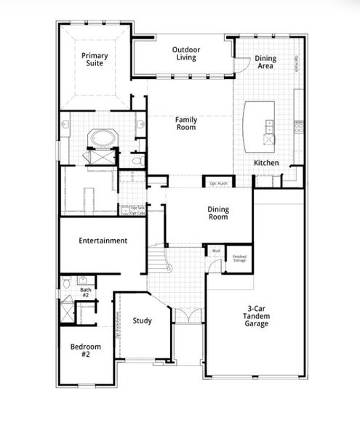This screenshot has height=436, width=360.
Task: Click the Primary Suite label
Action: (95, 59)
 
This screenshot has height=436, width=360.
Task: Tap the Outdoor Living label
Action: (186, 54)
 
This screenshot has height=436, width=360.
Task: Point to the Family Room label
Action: (186, 123)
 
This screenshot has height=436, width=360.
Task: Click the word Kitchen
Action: (266, 163)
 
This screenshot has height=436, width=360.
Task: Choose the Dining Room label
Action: (218, 213)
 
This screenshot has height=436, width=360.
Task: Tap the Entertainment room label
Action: (103, 241)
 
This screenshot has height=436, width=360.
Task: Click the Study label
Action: (143, 320)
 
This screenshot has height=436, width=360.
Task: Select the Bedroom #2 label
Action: (85, 352)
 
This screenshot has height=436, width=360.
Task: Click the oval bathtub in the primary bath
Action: (97, 138)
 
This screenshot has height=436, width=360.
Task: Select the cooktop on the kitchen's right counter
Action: (297, 129)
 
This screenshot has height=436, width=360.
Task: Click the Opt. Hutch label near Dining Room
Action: (218, 184)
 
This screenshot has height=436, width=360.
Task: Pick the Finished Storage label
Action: (239, 258)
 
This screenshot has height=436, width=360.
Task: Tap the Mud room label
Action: (216, 251)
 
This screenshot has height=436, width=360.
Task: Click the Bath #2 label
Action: (85, 293)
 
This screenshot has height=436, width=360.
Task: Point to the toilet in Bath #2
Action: (66, 281)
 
